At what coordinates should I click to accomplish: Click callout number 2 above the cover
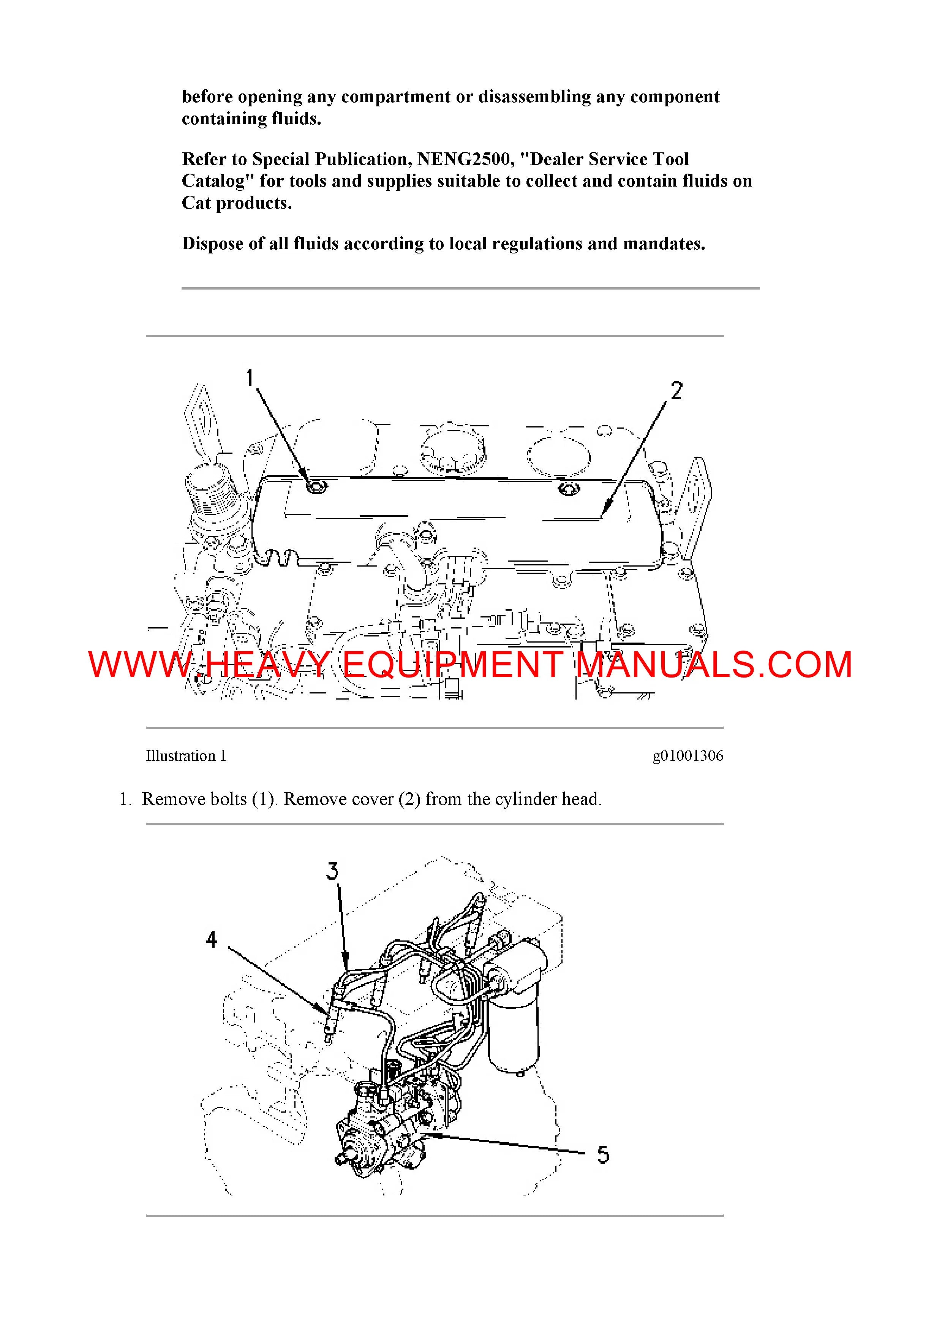(x=677, y=391)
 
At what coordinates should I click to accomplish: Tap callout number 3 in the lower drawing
(x=332, y=871)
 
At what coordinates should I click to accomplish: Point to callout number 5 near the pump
(x=604, y=1155)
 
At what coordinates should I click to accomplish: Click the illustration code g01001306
(x=688, y=756)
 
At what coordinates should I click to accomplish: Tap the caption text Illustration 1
(x=186, y=756)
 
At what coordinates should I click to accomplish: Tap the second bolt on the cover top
(x=568, y=489)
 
